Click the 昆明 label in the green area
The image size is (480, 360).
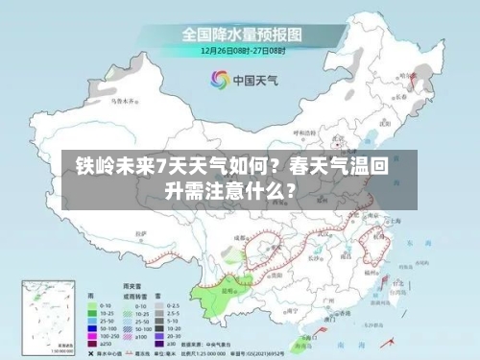click(x=227, y=286)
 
